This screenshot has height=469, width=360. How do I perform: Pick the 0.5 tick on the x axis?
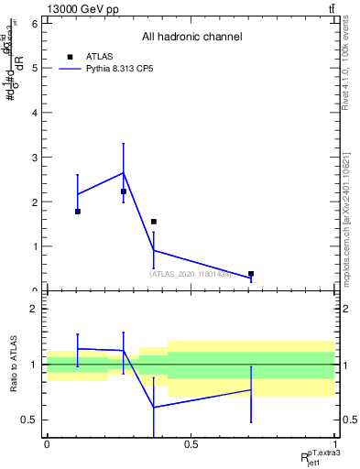point(191,444)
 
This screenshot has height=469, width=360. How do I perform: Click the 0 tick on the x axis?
point(47,444)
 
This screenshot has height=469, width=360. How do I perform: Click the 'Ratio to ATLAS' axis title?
point(13,365)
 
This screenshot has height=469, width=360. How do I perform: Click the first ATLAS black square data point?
point(78,212)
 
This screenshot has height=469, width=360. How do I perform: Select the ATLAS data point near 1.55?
point(154,222)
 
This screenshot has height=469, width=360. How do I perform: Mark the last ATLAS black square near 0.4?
point(251,274)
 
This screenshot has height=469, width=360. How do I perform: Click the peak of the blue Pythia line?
point(123,172)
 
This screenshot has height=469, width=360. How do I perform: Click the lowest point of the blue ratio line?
point(154,407)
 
